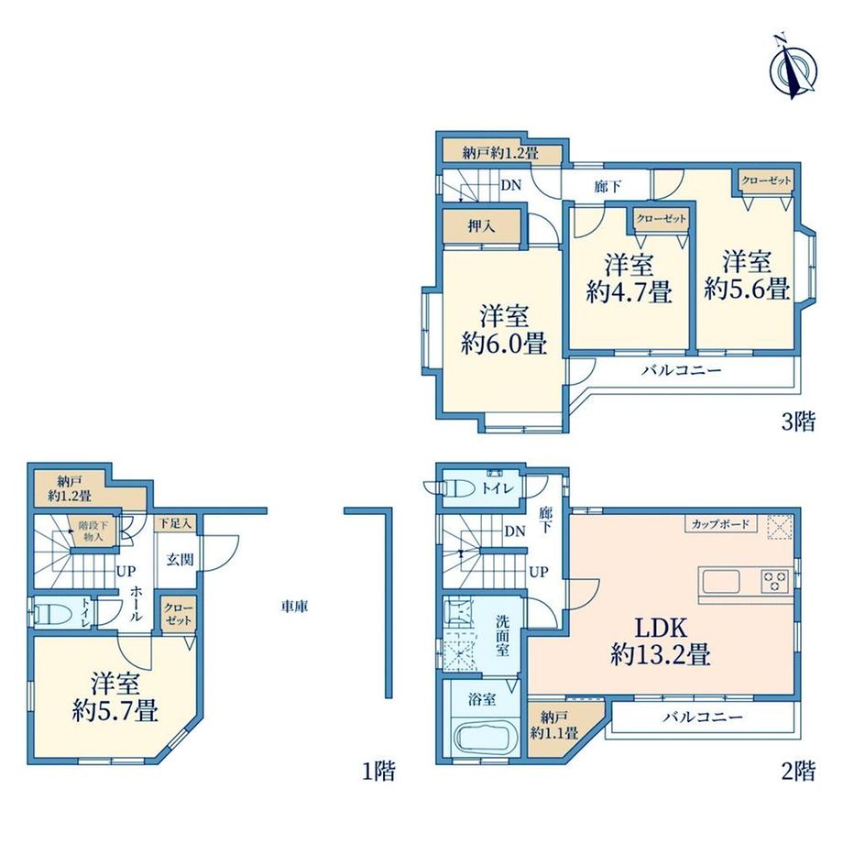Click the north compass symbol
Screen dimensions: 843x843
click(x=793, y=68)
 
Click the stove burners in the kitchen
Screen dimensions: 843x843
click(x=774, y=581)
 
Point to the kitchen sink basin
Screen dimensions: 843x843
click(x=721, y=581)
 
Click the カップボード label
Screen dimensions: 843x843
click(x=720, y=523)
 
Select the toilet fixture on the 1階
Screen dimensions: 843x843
click(x=51, y=612)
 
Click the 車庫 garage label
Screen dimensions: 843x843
click(x=295, y=607)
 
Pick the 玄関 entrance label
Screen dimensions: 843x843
click(x=180, y=560)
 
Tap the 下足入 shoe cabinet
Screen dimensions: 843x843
click(x=175, y=523)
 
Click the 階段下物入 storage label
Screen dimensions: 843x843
click(x=93, y=531)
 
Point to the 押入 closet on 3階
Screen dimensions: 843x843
click(x=481, y=226)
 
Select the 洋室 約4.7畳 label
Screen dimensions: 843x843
click(x=629, y=279)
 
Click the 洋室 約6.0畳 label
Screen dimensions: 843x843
click(x=504, y=330)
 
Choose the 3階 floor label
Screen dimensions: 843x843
click(x=798, y=422)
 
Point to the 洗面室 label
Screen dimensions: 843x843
click(x=503, y=635)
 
